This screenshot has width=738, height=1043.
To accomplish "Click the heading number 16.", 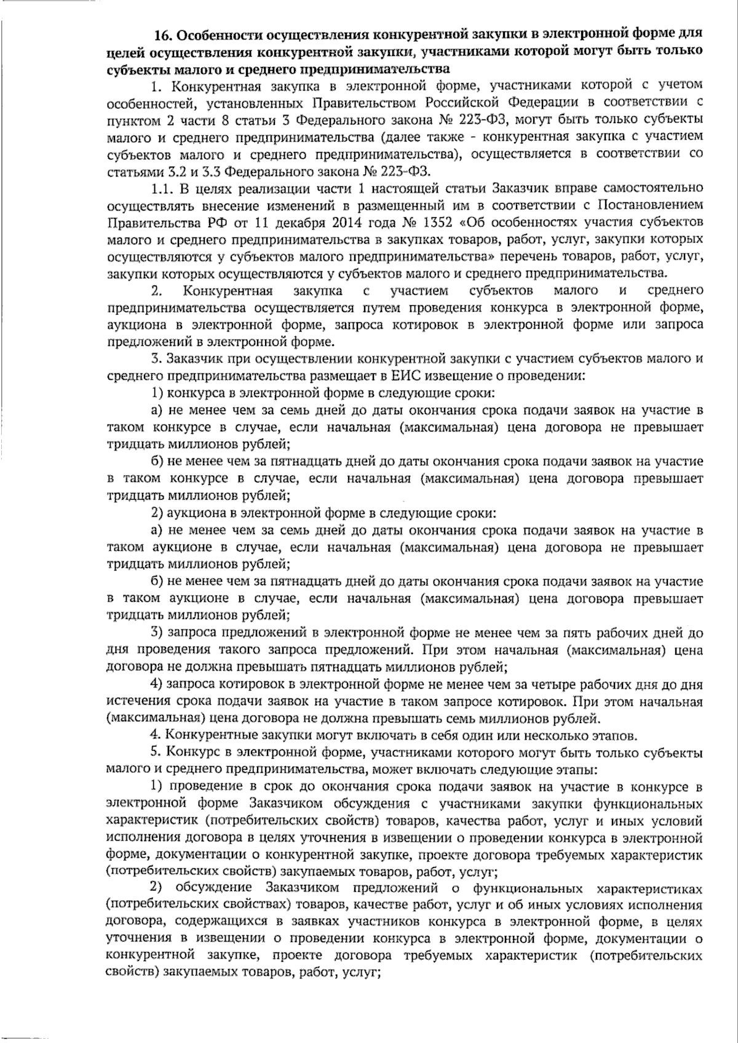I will [165, 33].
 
